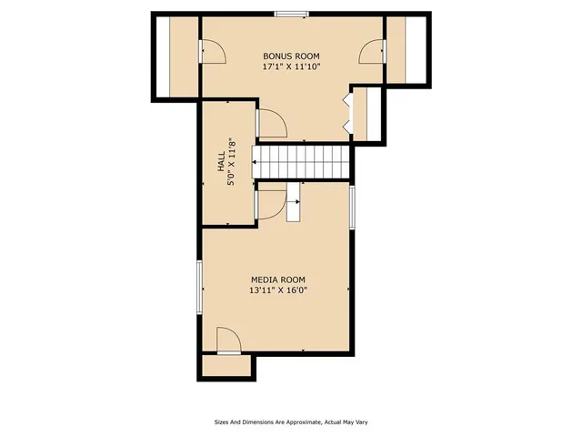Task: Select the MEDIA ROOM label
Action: (x=277, y=279)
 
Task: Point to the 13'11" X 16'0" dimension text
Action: (x=277, y=291)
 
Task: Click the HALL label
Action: (x=220, y=162)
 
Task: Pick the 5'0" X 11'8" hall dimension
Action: (x=233, y=162)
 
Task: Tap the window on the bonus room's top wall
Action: (x=291, y=14)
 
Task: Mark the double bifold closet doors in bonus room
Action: (x=346, y=109)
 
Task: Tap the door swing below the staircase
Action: (x=271, y=203)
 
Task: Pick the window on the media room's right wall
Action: (x=352, y=208)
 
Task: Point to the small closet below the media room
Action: (x=227, y=366)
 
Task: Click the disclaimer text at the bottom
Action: (x=290, y=422)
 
